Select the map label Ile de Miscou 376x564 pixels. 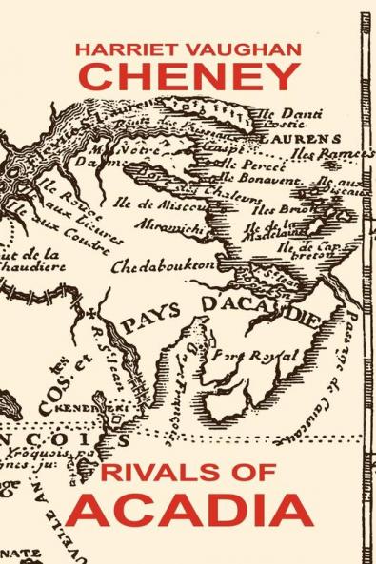pyautogui.click(x=175, y=202)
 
